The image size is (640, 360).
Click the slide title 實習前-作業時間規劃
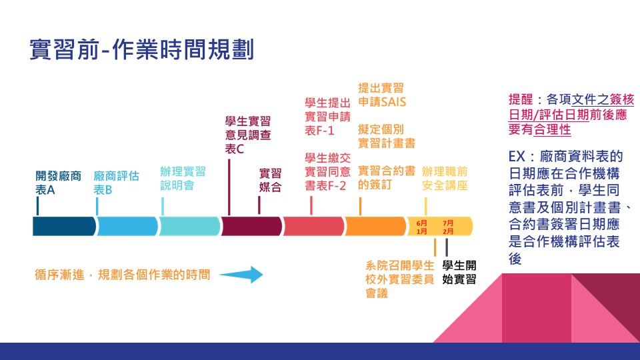(142, 50)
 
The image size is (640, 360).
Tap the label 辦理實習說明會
(183, 178)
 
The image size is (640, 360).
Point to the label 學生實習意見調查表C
(248, 135)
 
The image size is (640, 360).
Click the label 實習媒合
(271, 180)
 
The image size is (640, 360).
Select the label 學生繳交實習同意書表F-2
(327, 171)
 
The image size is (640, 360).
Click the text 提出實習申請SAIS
(382, 95)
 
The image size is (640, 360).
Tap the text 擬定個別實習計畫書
(387, 135)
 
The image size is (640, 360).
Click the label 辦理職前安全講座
(445, 177)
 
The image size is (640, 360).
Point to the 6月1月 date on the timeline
(422, 227)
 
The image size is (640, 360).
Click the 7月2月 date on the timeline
(448, 227)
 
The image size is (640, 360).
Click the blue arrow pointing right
(242, 274)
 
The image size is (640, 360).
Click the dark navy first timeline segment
(64, 227)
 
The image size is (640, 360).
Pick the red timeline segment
(313, 227)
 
